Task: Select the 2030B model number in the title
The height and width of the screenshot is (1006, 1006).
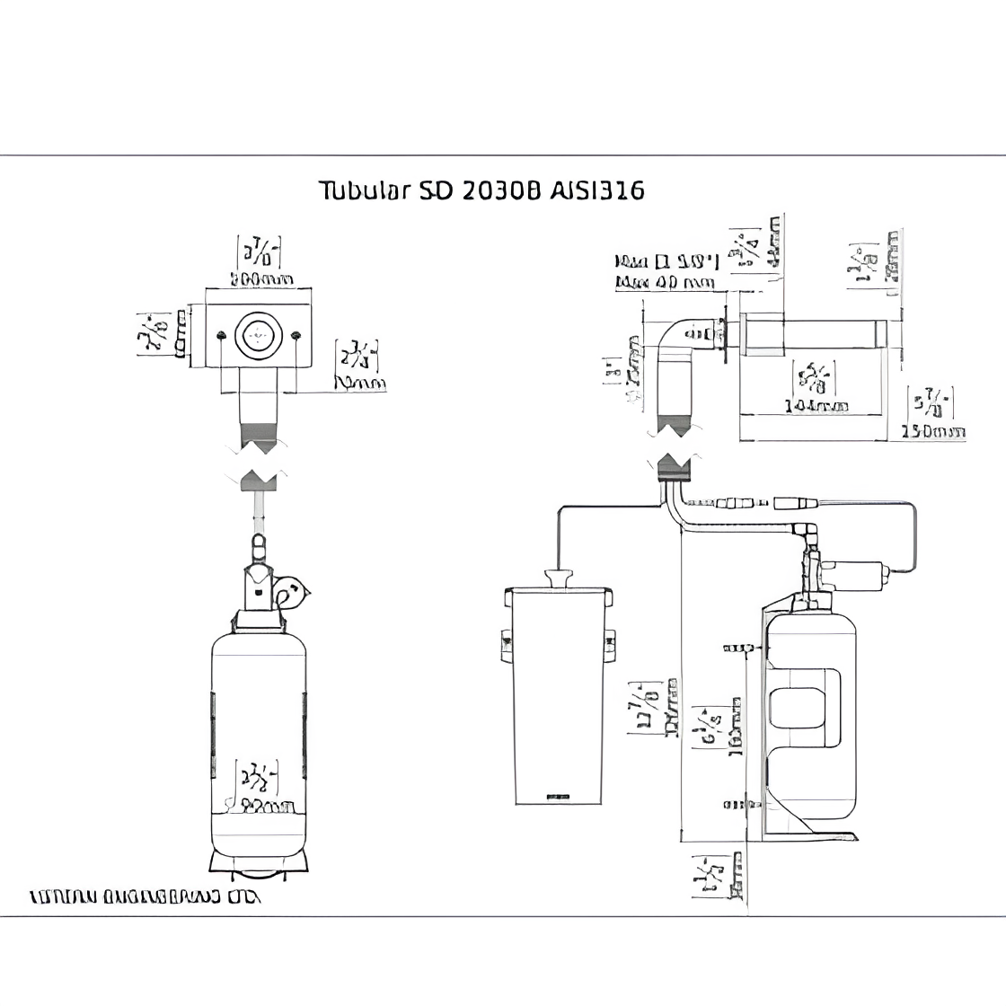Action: [499, 190]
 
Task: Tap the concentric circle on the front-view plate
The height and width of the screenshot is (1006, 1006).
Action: [256, 336]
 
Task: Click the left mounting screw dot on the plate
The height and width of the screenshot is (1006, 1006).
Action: [220, 336]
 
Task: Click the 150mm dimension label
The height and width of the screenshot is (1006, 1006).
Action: [933, 432]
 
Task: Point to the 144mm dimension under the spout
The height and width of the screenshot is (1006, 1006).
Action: [816, 406]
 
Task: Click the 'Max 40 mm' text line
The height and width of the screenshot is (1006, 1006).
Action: [664, 284]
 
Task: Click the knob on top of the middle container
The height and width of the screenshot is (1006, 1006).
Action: [560, 578]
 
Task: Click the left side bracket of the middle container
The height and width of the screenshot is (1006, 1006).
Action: [506, 641]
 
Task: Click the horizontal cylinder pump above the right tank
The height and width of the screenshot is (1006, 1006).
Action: [857, 572]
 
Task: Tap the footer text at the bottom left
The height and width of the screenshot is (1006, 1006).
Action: [145, 896]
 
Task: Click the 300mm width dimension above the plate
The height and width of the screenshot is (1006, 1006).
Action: [259, 279]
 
